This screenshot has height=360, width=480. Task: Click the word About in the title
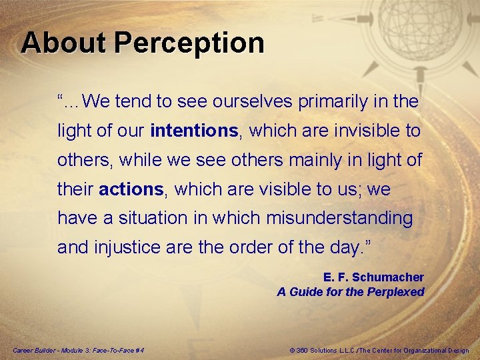tap(63, 43)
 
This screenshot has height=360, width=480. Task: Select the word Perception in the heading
tap(189, 43)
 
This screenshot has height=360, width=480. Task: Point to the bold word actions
tap(131, 189)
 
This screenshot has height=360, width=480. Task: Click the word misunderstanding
tap(339, 218)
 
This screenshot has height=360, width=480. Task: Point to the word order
tap(249, 247)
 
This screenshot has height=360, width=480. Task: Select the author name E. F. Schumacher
tap(373, 277)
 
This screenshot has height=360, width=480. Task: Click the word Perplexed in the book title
tap(393, 291)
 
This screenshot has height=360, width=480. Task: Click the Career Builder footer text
tap(79, 351)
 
